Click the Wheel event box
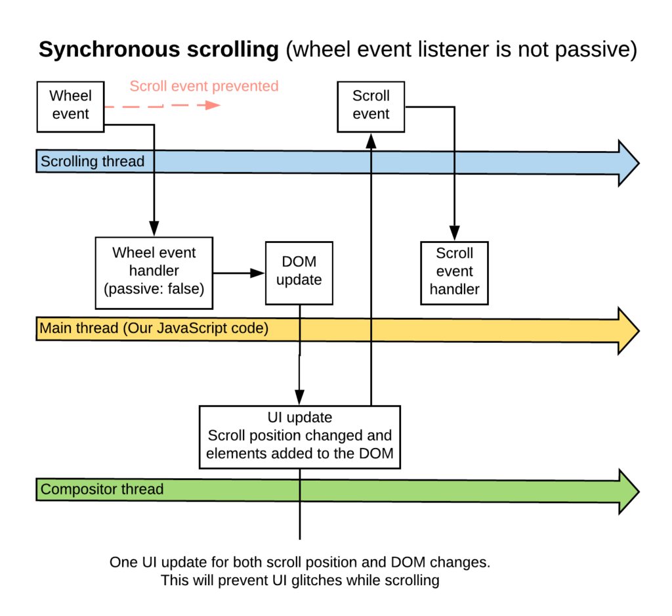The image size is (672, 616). pyautogui.click(x=70, y=105)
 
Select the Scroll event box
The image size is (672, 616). pyautogui.click(x=371, y=105)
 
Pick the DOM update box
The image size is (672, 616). pyautogui.click(x=299, y=272)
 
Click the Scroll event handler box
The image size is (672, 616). pyautogui.click(x=454, y=272)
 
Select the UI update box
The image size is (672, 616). pyautogui.click(x=300, y=436)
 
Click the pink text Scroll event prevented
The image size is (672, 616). pyautogui.click(x=204, y=86)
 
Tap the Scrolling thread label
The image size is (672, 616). pyautogui.click(x=93, y=162)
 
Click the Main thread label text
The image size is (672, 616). pyautogui.click(x=154, y=328)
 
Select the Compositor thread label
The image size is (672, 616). pyautogui.click(x=102, y=489)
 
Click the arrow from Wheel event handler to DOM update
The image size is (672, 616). pyautogui.click(x=239, y=272)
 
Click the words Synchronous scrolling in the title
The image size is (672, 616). pyautogui.click(x=159, y=50)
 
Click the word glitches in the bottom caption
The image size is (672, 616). pyautogui.click(x=348, y=580)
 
